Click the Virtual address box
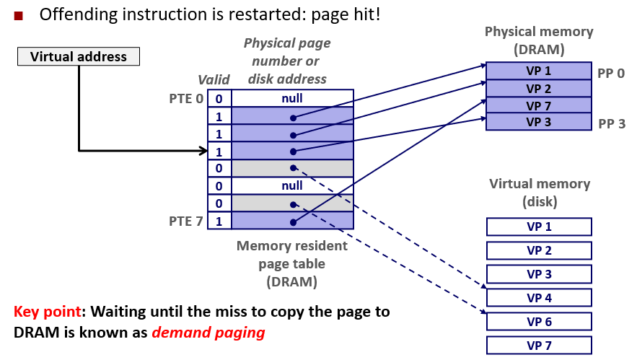pyautogui.click(x=79, y=57)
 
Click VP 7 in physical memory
pyautogui.click(x=538, y=105)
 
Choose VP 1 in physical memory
pyautogui.click(x=538, y=71)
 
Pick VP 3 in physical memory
pyautogui.click(x=538, y=122)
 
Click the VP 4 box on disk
pyautogui.click(x=538, y=297)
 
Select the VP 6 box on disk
pyautogui.click(x=538, y=321)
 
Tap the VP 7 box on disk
pyautogui.click(x=538, y=346)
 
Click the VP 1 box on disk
pyautogui.click(x=538, y=227)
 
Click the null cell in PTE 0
pyautogui.click(x=292, y=98)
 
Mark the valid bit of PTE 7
pyautogui.click(x=219, y=221)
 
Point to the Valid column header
pyautogui.click(x=214, y=80)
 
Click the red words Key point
pyautogui.click(x=47, y=312)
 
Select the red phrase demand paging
pyautogui.click(x=208, y=333)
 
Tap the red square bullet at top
pyautogui.click(x=18, y=14)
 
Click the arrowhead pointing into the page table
pyautogui.click(x=203, y=151)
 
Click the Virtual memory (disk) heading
pyautogui.click(x=539, y=192)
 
